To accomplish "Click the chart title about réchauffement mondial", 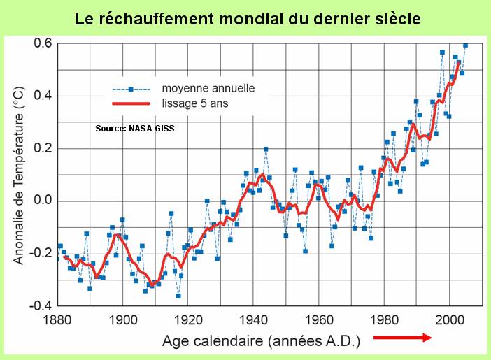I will coord(248,19).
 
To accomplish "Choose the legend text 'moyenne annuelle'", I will coord(208,89).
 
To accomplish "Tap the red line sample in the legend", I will coord(131,103).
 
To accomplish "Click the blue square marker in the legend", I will coord(131,89).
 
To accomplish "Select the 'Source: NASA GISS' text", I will coord(135,129).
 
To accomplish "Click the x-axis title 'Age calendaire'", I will coord(262,342).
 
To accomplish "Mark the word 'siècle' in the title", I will coord(394,19).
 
